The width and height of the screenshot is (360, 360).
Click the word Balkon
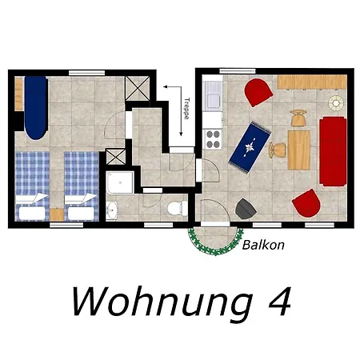[263, 245]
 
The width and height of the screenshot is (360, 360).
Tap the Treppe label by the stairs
[187, 109]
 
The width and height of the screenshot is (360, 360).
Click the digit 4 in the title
[279, 302]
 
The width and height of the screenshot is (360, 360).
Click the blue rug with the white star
[250, 147]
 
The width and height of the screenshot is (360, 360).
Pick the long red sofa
[333, 151]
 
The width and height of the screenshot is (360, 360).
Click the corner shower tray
[120, 182]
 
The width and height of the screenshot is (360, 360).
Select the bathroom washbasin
[112, 210]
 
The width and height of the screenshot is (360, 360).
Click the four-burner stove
[213, 139]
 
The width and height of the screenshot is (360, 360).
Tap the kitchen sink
[213, 96]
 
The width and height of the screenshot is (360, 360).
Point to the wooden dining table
[299, 150]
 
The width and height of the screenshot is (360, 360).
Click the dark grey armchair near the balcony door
[246, 209]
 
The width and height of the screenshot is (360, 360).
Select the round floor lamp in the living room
[336, 103]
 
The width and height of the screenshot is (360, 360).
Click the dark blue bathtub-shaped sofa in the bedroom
[36, 108]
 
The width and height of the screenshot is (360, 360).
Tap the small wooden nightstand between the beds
[57, 214]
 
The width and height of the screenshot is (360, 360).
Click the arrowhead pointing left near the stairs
[166, 86]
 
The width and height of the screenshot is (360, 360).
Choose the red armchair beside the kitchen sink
[258, 92]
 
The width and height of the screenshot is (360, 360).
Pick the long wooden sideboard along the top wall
[312, 82]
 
